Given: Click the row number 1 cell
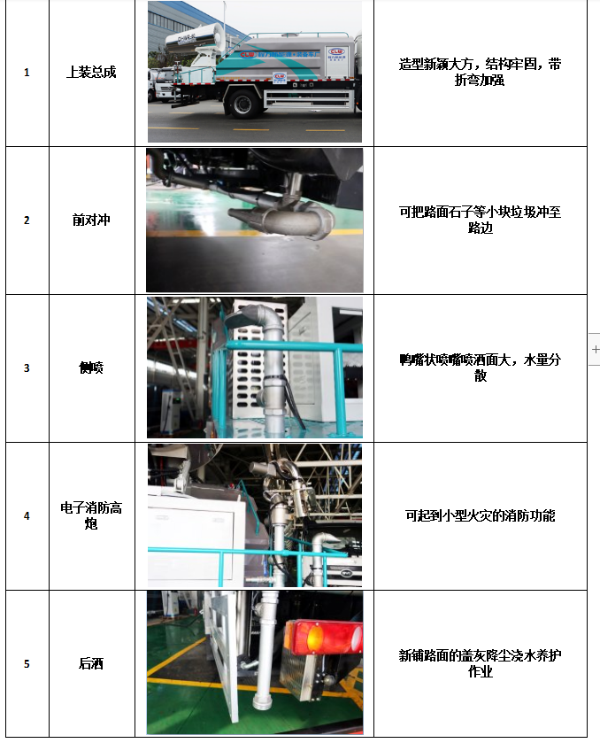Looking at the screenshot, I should click(x=27, y=73).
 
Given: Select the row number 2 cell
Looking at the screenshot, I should click(x=27, y=221).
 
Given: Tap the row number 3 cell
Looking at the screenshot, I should click(x=27, y=368).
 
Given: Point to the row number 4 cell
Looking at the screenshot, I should click(x=27, y=515).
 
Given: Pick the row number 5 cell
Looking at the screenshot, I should click(x=27, y=663).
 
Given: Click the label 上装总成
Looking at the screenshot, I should click(x=91, y=73).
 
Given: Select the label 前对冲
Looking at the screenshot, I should click(x=91, y=221).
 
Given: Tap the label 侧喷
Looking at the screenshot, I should click(x=91, y=368).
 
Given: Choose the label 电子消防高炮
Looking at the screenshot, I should click(x=91, y=515).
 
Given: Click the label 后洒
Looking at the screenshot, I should click(x=91, y=663).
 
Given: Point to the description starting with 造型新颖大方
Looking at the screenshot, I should click(x=480, y=73).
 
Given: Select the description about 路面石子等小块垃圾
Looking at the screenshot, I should click(x=480, y=221).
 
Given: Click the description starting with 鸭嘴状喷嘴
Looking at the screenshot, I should click(x=480, y=368).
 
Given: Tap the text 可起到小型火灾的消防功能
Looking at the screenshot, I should click(x=480, y=515).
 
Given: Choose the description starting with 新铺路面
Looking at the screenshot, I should click(x=480, y=663).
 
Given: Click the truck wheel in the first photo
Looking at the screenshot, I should click(x=242, y=104).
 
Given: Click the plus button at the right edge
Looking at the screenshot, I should click(x=595, y=350).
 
